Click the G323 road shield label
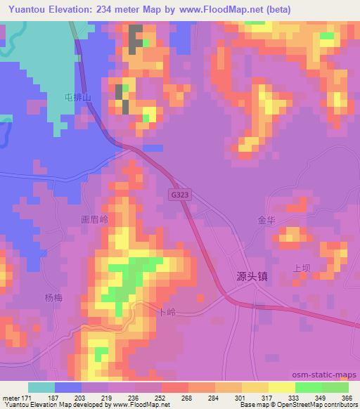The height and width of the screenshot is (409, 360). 179,193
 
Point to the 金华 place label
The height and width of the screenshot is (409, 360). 267,219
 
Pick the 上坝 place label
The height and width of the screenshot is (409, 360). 302,268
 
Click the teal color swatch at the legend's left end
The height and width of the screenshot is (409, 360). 41,387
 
